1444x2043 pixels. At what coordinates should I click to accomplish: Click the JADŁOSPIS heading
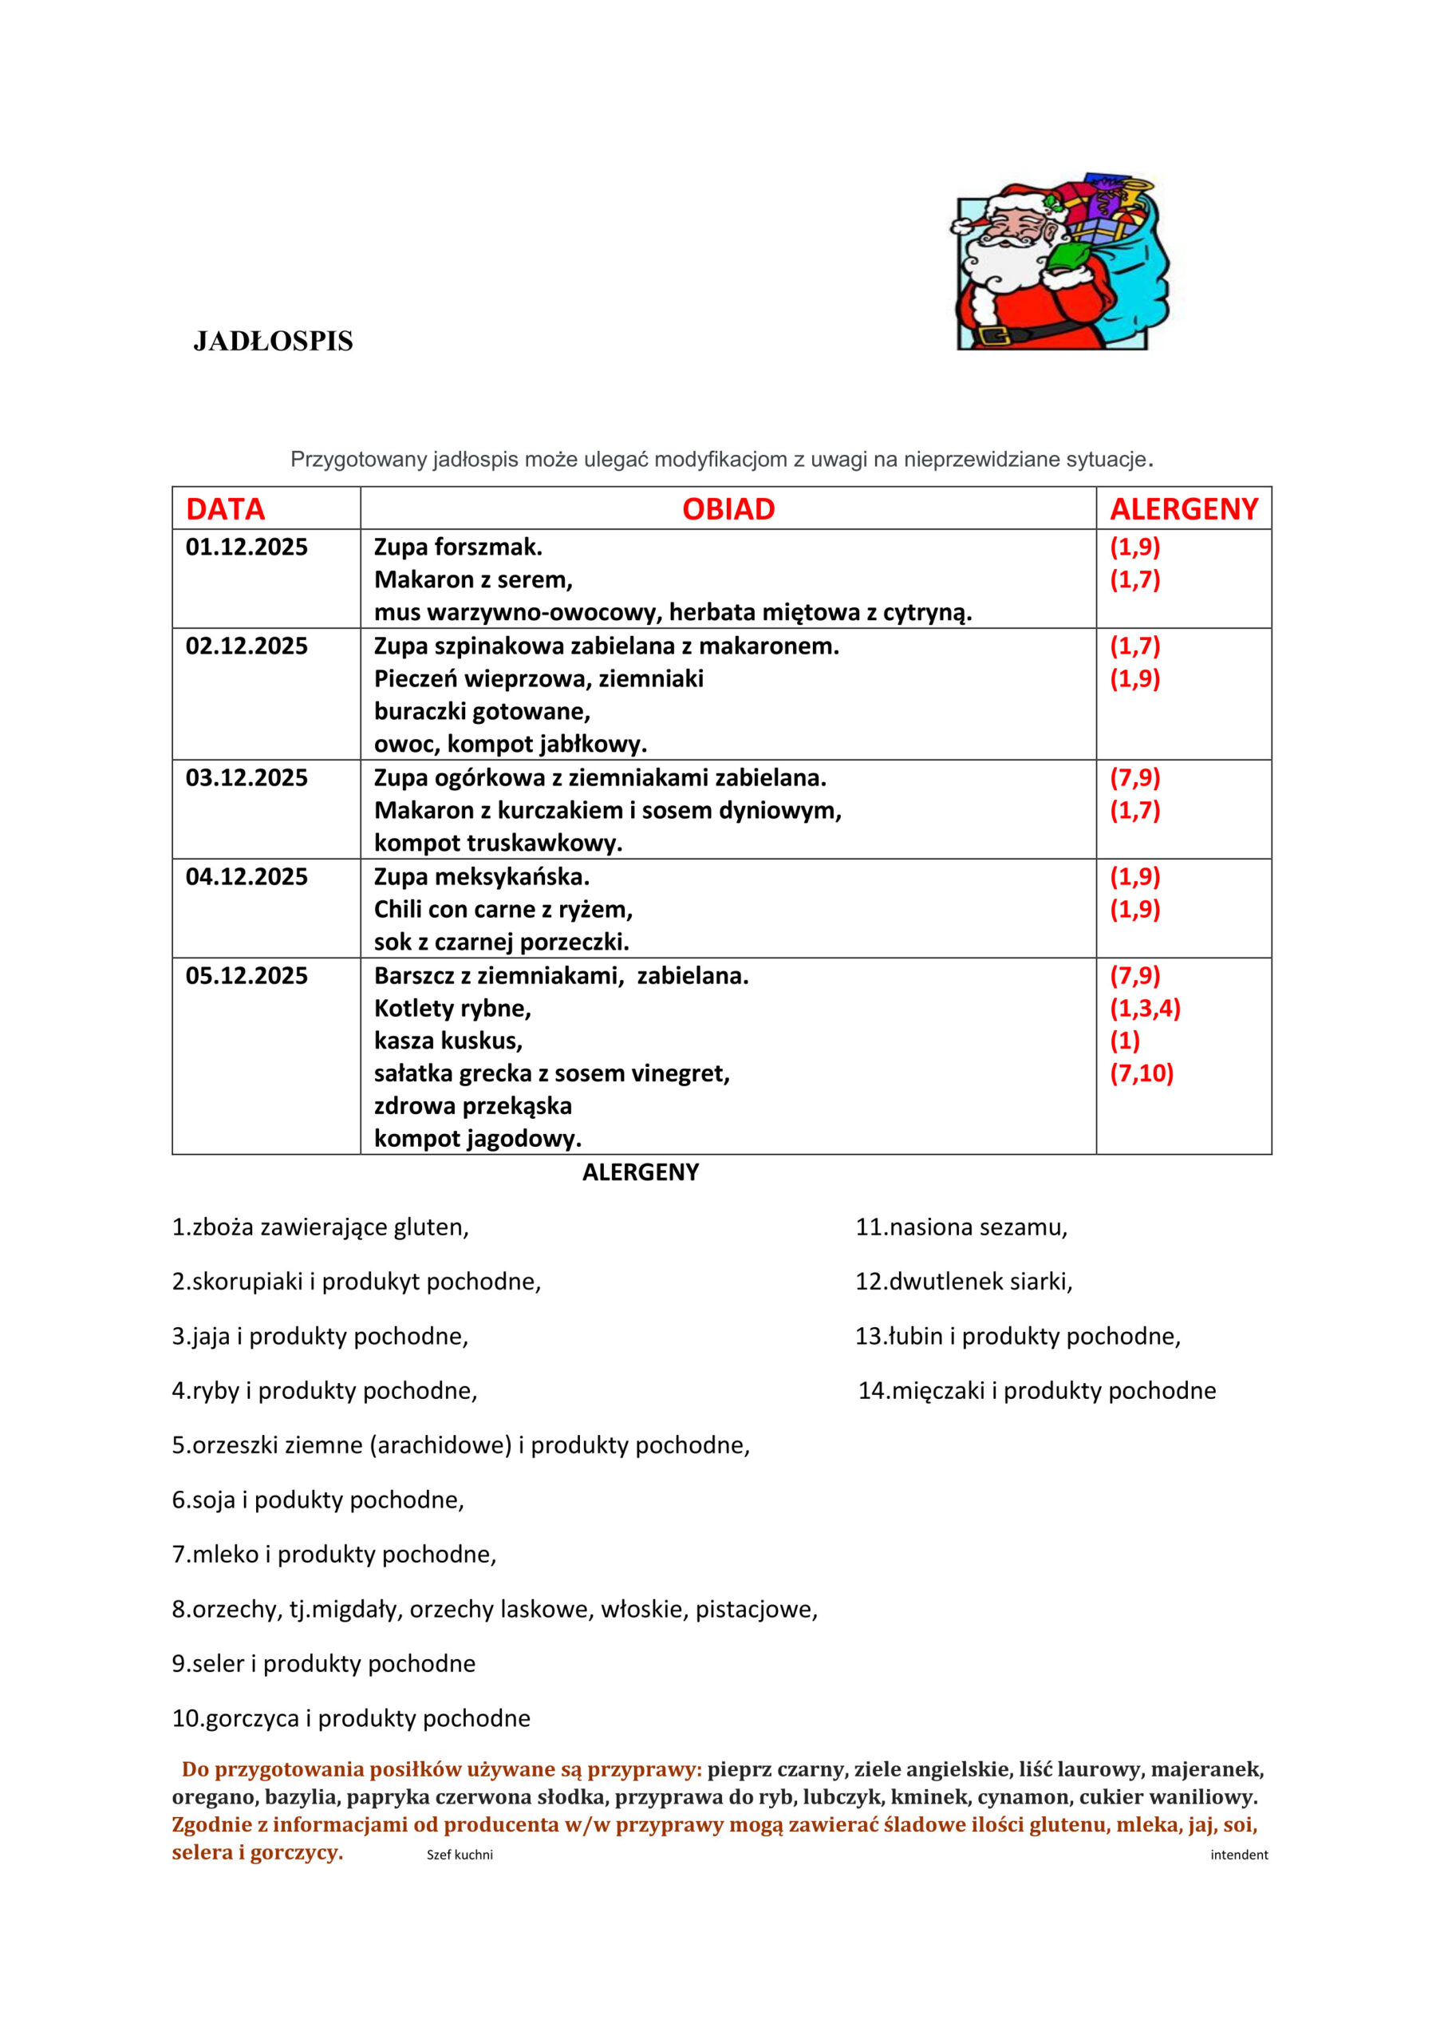point(273,342)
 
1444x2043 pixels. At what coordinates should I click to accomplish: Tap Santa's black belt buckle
point(993,335)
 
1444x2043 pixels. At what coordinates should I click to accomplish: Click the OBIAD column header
point(728,509)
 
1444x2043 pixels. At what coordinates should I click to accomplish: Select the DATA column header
point(225,509)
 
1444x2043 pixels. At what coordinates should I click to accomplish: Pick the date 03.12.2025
point(247,777)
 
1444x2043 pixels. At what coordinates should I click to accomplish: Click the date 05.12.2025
point(247,976)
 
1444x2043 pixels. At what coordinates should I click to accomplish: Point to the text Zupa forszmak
point(457,547)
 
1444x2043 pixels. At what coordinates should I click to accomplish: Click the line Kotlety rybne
point(452,1008)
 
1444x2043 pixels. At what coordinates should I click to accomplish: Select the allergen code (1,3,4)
point(1144,1008)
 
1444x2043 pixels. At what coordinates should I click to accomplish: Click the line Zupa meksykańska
point(481,876)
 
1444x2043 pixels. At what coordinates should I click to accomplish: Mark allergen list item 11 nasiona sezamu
point(961,1227)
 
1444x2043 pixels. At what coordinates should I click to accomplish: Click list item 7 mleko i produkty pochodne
point(333,1554)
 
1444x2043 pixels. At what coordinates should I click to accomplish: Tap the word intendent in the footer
point(1238,1855)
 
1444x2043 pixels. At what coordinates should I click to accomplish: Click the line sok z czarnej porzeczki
point(501,942)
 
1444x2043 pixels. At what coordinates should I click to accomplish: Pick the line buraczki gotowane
point(481,711)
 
